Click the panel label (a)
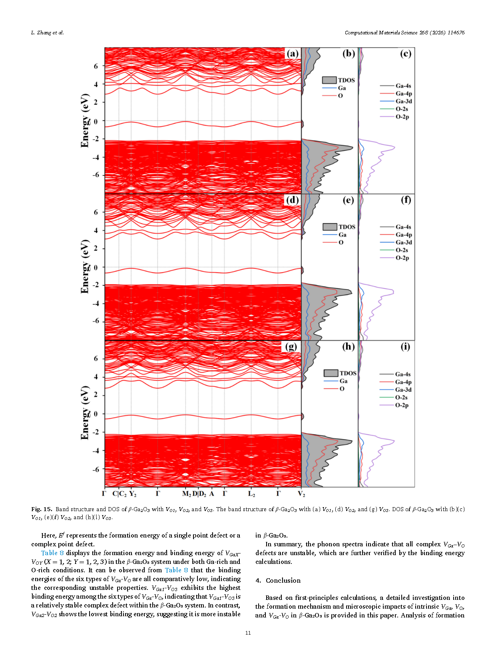point(292,54)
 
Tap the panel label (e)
point(348,200)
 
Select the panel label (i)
point(405,346)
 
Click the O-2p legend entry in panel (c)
point(394,117)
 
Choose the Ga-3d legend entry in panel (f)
point(396,242)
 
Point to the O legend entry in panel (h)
point(334,389)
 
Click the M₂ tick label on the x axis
point(186,494)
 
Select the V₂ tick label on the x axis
point(301,494)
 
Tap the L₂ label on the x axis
point(251,494)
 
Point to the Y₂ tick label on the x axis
point(133,494)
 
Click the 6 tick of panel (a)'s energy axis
point(96,66)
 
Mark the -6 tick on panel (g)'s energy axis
point(96,469)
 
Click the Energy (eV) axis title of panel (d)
point(85,267)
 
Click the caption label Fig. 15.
point(42,509)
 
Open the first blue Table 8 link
point(52,553)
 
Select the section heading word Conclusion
point(283,580)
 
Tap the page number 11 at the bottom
point(248,633)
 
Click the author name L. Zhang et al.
point(48,32)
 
